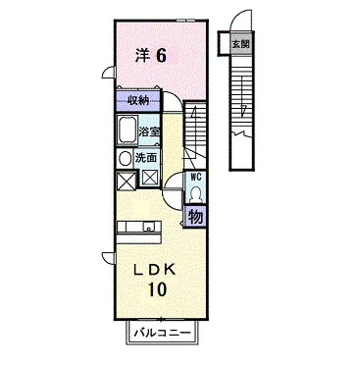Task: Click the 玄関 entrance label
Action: [x=241, y=43]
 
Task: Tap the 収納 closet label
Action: [x=138, y=101]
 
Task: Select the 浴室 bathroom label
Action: [x=149, y=131]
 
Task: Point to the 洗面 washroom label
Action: [x=146, y=158]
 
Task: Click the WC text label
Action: [x=195, y=178]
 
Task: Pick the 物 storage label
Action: [x=195, y=217]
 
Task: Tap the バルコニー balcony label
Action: [x=162, y=334]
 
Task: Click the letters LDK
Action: [x=155, y=270]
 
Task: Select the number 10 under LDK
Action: [x=158, y=289]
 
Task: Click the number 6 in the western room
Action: [x=160, y=56]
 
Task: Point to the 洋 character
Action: [x=143, y=56]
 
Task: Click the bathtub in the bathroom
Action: [x=128, y=130]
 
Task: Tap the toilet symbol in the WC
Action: [x=196, y=194]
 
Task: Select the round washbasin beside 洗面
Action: [x=125, y=159]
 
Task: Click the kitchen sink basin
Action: [x=149, y=227]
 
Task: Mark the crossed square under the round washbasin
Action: [x=127, y=182]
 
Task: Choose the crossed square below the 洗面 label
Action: [x=150, y=179]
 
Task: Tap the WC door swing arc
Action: [x=173, y=179]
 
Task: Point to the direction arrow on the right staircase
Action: [x=242, y=97]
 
